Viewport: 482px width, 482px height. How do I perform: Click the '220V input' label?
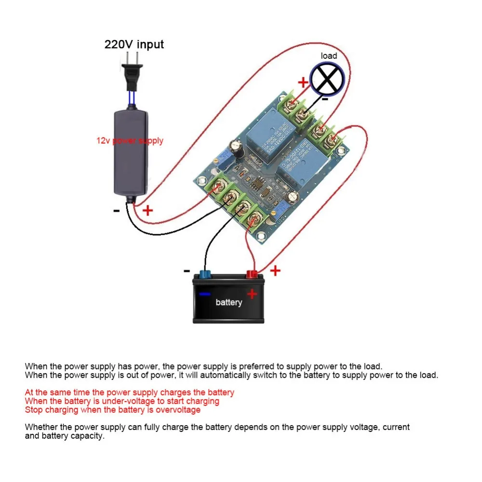[134, 44]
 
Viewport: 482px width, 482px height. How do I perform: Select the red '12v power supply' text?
[130, 141]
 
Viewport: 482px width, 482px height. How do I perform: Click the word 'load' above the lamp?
[329, 56]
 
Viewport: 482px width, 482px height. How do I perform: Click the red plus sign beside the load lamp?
[303, 82]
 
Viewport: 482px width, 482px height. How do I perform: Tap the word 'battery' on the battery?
[228, 302]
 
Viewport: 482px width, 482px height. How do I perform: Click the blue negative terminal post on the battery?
[204, 275]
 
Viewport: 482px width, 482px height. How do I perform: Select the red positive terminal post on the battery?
[251, 275]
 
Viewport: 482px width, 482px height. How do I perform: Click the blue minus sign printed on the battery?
[205, 294]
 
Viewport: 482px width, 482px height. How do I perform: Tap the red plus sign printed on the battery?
[252, 294]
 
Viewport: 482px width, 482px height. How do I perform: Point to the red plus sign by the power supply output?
[147, 210]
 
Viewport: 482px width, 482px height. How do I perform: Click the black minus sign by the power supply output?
[116, 211]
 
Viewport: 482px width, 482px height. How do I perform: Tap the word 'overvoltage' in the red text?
[179, 410]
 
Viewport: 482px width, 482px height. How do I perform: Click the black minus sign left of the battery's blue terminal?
[187, 271]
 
